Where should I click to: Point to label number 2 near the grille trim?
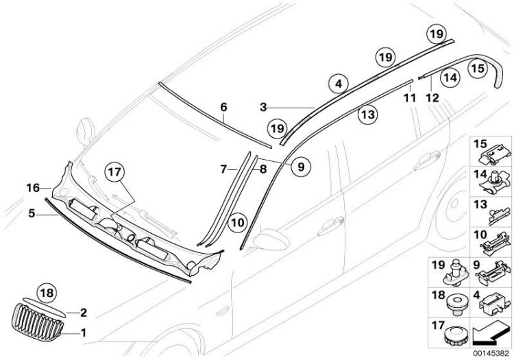pos(84,313)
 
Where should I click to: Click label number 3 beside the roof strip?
pos(264,108)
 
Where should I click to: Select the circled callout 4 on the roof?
pos(336,85)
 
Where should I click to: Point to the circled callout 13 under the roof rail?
pos(368,115)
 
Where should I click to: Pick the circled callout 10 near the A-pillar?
pos(236,222)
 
